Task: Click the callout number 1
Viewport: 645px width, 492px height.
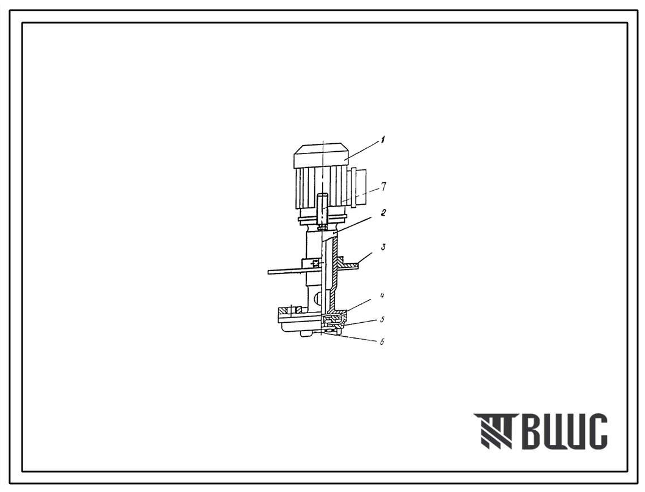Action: click(x=382, y=141)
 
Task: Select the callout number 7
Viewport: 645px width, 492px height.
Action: click(x=383, y=187)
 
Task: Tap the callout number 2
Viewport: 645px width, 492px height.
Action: click(x=383, y=213)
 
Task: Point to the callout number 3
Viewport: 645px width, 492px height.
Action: click(x=383, y=247)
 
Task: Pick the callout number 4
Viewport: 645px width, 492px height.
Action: click(x=382, y=296)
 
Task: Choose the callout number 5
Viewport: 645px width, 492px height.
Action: click(x=382, y=319)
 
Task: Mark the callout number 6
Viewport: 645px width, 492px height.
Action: click(x=382, y=341)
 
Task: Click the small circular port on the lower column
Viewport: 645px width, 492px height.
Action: click(x=318, y=297)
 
